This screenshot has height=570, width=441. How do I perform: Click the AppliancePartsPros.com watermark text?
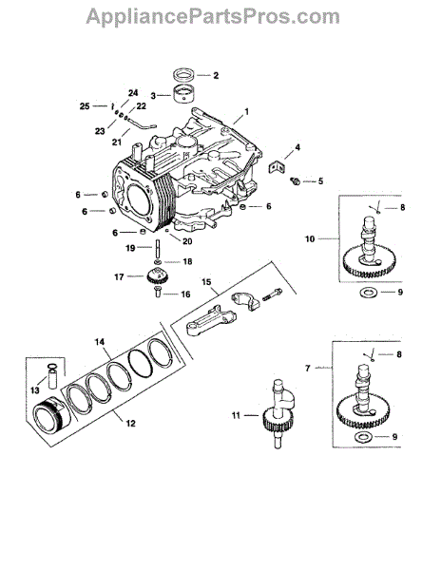pyautogui.click(x=213, y=17)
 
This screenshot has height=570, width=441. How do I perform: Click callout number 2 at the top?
pyautogui.click(x=216, y=76)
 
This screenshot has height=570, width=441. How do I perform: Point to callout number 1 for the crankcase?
pyautogui.click(x=247, y=111)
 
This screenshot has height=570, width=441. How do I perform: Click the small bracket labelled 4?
pyautogui.click(x=277, y=167)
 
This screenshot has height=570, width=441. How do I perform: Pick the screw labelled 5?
pyautogui.click(x=295, y=180)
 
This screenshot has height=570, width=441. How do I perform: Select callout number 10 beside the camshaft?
pyautogui.click(x=310, y=238)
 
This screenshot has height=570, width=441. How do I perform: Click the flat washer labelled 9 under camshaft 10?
pyautogui.click(x=369, y=292)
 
